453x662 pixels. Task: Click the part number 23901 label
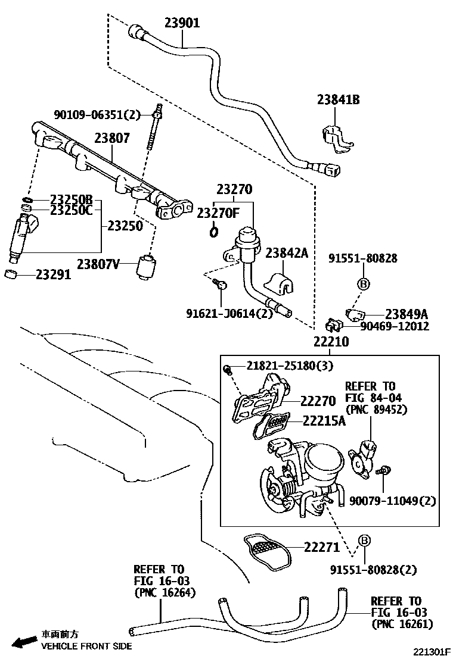pos(182,24)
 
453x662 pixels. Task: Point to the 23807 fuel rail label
pos(111,138)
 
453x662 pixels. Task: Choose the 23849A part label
pos(407,314)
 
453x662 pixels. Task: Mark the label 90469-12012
pos(394,326)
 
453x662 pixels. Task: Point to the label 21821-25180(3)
pos(283,365)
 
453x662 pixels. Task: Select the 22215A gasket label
pos(322,421)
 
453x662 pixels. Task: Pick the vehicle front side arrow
pos(24,642)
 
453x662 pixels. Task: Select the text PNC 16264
pos(165,592)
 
